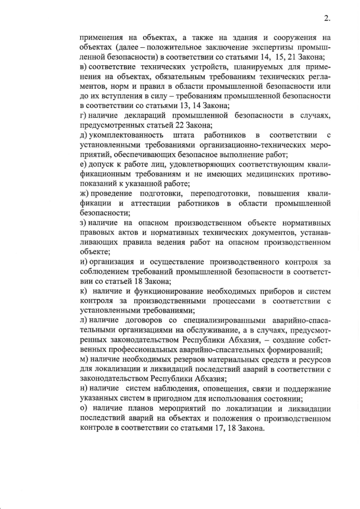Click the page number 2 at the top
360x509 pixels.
click(326, 18)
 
